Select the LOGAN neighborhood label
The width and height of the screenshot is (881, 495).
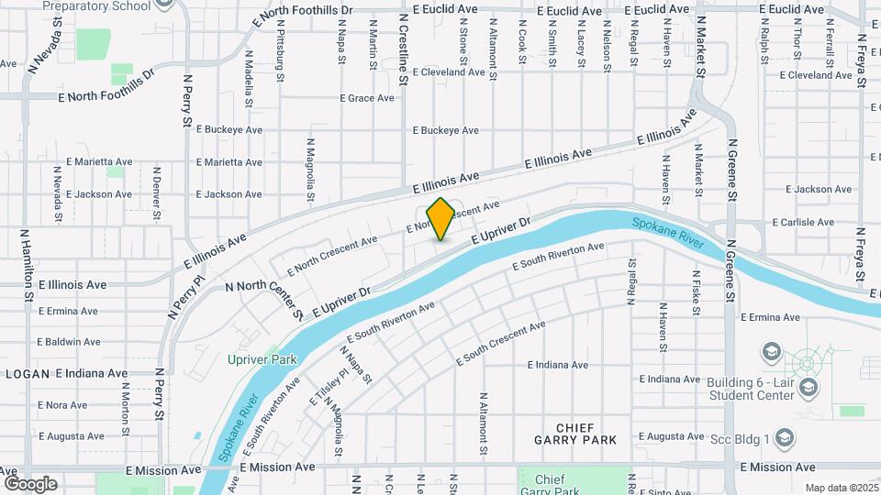[26, 374]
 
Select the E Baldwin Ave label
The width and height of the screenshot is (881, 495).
[69, 341]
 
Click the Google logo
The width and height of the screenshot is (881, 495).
[30, 484]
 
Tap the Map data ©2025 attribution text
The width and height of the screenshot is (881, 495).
[841, 488]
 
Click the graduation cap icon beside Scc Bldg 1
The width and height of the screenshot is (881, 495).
[786, 439]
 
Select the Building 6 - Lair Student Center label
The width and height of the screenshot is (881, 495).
[751, 389]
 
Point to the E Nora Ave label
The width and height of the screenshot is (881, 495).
[62, 404]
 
